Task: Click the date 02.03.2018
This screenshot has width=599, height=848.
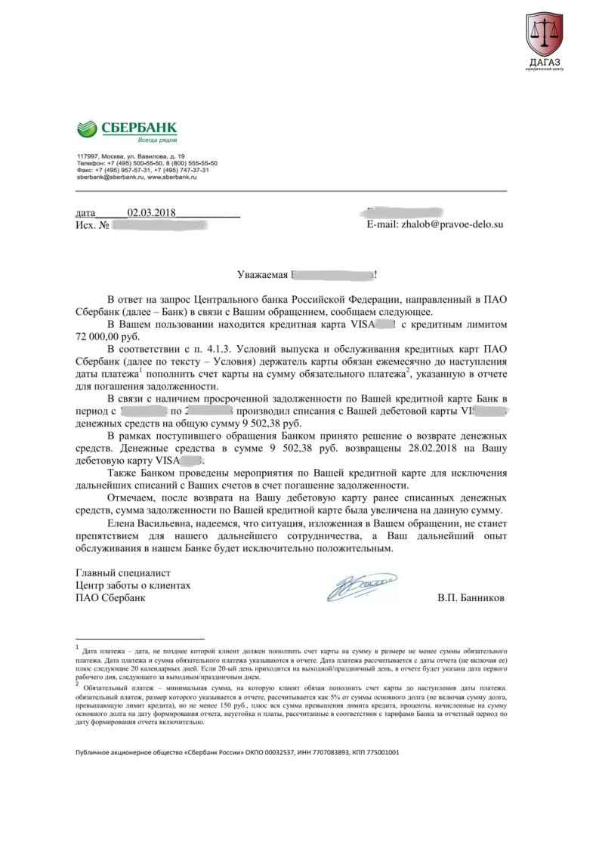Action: [151, 213]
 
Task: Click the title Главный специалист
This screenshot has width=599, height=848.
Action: [123, 573]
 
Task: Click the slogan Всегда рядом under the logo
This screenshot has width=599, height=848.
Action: [156, 140]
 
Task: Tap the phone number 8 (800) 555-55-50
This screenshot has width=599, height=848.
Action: [190, 163]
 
